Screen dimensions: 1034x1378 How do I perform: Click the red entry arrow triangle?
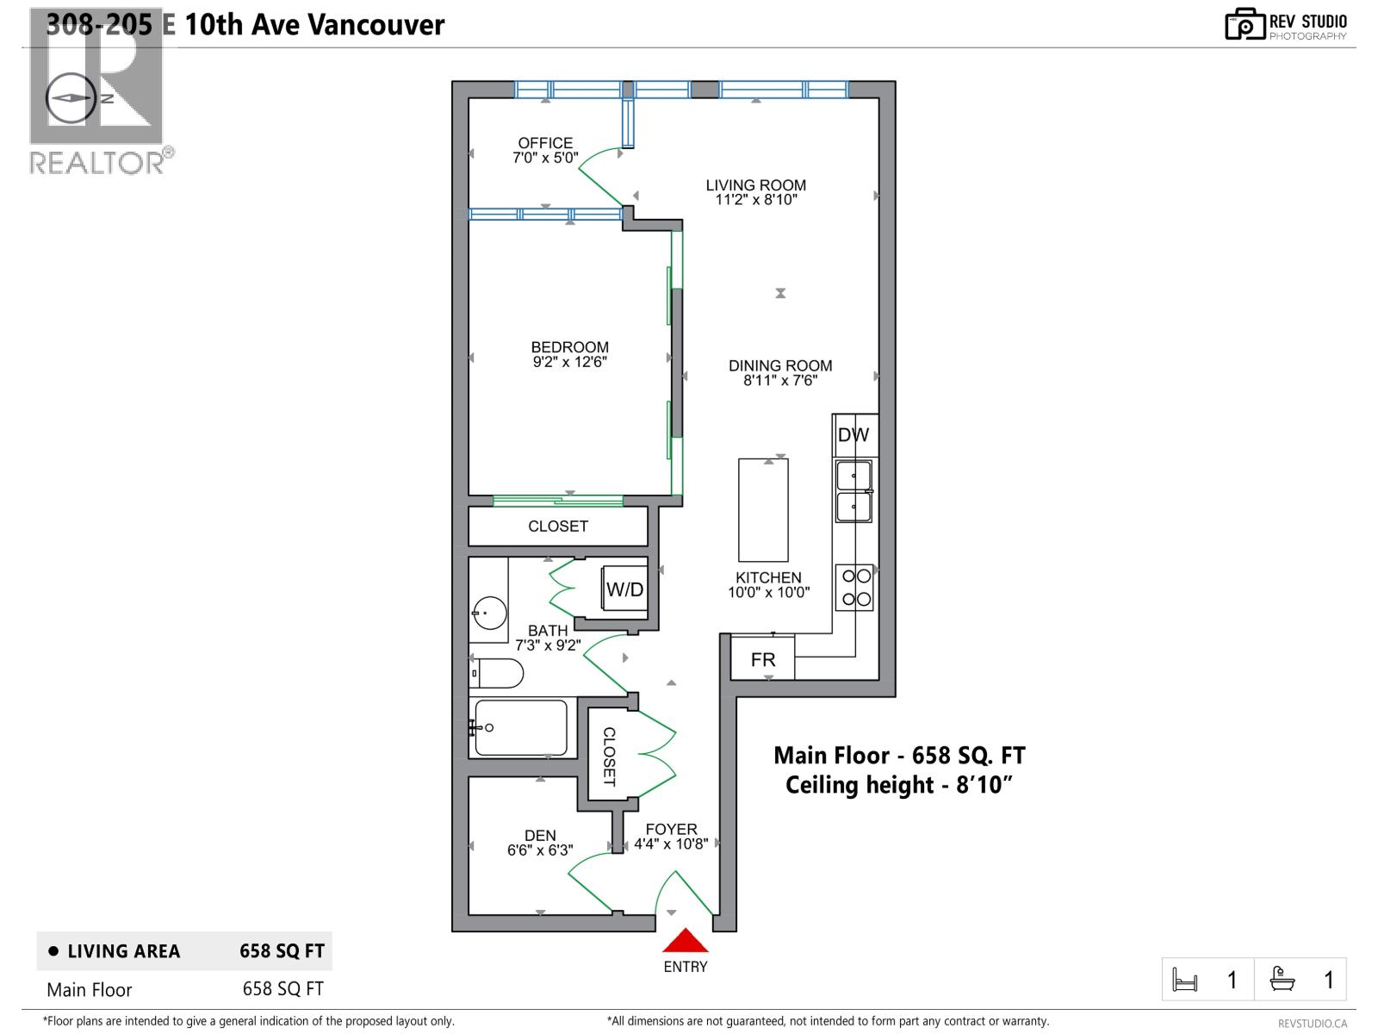[x=685, y=941]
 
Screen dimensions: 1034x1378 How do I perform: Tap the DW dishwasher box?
[x=853, y=435]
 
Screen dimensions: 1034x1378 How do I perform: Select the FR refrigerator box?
[x=762, y=659]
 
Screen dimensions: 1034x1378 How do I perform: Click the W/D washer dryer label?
[x=624, y=589]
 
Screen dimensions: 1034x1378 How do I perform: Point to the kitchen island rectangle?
[x=763, y=510]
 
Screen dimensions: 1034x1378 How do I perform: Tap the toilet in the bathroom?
[x=498, y=673]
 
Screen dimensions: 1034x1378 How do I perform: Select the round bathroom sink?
[x=487, y=614]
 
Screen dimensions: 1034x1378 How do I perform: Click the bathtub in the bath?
[x=520, y=728]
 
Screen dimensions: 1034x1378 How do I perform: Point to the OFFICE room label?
[x=545, y=143]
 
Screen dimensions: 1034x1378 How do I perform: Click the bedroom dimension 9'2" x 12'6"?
[x=569, y=362]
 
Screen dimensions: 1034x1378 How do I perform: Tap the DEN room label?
[x=540, y=835]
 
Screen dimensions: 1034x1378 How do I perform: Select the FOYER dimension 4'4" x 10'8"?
[x=671, y=844]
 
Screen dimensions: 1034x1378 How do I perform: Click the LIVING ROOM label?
[x=755, y=185]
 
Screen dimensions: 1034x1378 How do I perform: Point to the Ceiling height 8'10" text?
[x=898, y=785]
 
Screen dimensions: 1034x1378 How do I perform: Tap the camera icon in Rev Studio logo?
[x=1245, y=25]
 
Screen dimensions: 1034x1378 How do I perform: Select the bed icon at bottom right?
[x=1185, y=980]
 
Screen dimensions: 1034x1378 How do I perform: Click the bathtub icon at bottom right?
[x=1283, y=980]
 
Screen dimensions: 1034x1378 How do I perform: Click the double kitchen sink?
[x=853, y=491]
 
